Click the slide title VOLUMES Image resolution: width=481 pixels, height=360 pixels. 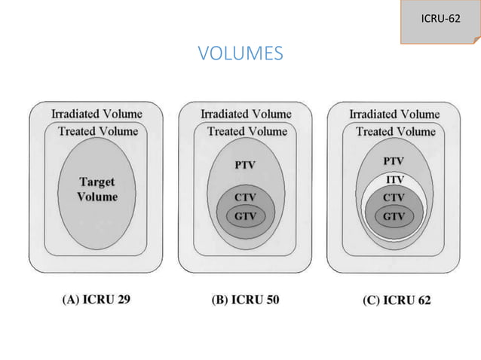point(240,53)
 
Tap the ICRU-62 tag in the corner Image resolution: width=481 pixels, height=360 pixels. point(440,21)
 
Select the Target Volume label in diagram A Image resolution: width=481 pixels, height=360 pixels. point(97,189)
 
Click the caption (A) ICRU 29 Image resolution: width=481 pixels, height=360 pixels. point(97,299)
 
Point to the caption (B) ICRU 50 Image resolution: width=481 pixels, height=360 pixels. point(246,300)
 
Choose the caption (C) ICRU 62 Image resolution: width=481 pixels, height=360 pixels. point(397,300)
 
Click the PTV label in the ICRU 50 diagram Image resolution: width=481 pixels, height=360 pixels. point(245,165)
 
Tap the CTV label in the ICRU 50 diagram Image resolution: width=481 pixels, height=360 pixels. point(245,197)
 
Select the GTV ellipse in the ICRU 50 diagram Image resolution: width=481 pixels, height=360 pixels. point(246,216)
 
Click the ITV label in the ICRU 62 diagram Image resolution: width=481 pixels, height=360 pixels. point(395,179)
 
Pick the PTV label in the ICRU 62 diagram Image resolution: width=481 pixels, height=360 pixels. point(394,161)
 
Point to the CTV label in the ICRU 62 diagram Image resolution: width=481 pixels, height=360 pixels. point(394,197)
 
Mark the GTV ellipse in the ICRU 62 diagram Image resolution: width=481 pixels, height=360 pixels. point(394,217)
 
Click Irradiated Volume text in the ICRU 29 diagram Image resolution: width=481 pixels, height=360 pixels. point(97,114)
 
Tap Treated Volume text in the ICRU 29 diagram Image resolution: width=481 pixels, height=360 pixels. point(98,131)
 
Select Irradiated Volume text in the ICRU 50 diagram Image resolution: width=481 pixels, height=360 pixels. point(246,114)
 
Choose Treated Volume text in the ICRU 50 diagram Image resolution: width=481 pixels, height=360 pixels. point(247,131)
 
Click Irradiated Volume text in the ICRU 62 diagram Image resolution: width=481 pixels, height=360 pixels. point(395,114)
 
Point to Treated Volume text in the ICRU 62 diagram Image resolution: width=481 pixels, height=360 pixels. point(396,132)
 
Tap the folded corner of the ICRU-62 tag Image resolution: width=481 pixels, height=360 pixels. point(477,41)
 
